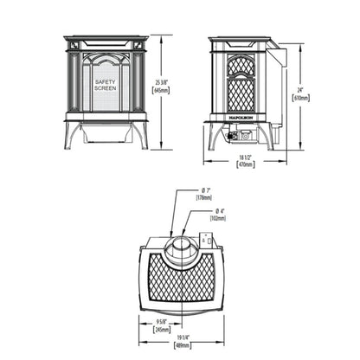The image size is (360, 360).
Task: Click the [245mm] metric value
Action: click(x=151, y=331)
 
